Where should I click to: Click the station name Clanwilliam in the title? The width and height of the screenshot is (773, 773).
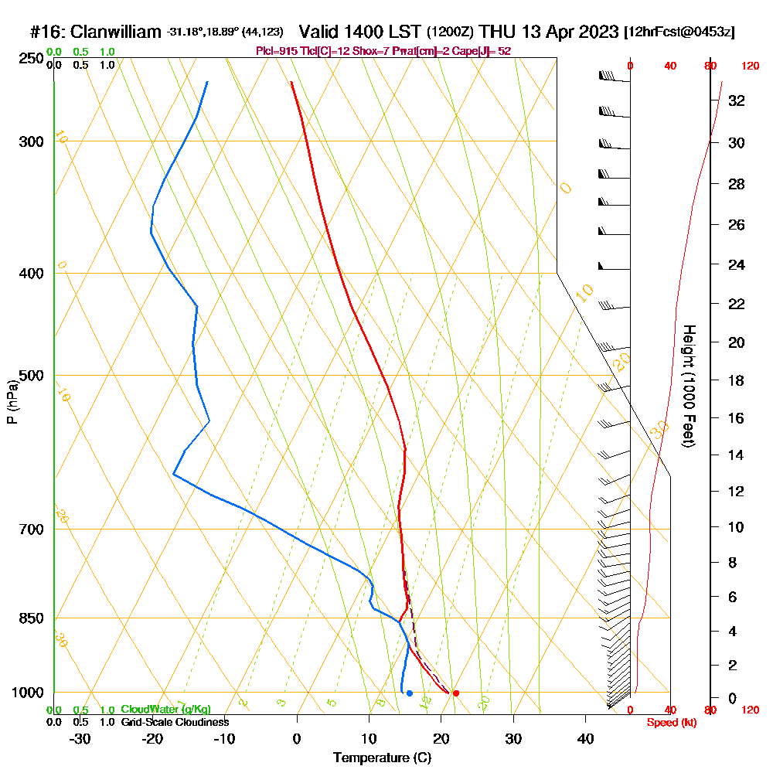pos(116,32)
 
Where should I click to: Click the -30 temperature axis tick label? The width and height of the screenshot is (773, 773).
pos(80,739)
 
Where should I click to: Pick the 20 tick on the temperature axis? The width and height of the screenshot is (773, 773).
pos(441,739)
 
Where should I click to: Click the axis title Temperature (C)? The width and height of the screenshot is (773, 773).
pos(382,758)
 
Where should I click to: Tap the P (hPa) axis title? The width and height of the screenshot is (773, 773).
pos(12,401)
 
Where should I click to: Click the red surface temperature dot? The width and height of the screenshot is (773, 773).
pos(456,693)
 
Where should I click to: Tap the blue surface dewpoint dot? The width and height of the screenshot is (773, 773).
pos(409,693)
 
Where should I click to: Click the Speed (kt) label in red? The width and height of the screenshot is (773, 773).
pos(669,722)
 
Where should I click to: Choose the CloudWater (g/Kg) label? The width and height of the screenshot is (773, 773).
pos(165,710)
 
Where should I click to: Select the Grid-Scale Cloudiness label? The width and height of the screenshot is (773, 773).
pos(174,722)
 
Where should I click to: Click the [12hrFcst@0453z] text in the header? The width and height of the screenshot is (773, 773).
pos(679,32)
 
